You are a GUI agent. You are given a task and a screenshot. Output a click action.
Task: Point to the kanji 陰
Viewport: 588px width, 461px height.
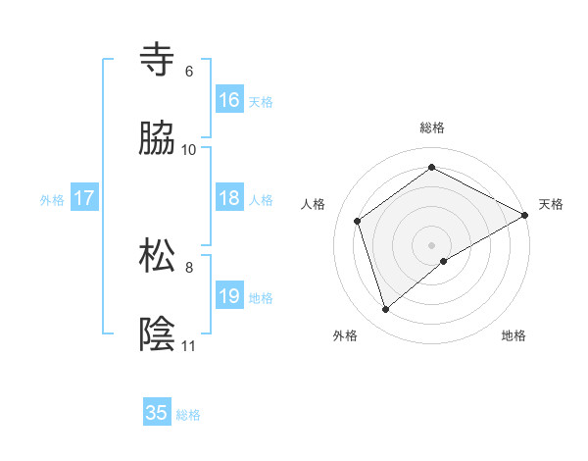[157, 333]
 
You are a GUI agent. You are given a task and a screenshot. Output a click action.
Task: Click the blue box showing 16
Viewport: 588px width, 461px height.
[229, 100]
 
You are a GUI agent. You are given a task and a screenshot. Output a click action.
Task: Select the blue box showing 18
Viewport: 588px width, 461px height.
[229, 198]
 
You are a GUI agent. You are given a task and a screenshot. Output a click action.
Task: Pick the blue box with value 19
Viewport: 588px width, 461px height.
[229, 296]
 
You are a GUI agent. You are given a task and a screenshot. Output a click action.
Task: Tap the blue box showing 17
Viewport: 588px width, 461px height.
[84, 198]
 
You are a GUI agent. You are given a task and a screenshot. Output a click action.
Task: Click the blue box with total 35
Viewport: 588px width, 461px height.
[157, 413]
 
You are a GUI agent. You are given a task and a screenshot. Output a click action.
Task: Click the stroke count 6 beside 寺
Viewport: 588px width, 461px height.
[188, 71]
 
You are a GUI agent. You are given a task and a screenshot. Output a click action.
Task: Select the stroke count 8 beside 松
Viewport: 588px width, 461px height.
[188, 266]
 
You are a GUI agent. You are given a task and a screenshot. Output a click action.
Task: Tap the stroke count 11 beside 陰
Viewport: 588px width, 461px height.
[189, 345]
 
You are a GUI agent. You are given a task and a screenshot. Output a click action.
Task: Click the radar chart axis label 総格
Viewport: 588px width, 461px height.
[432, 128]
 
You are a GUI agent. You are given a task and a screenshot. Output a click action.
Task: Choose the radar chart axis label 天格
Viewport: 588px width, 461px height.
[552, 204]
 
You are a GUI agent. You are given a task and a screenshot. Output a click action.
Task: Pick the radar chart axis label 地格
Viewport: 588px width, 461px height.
[514, 335]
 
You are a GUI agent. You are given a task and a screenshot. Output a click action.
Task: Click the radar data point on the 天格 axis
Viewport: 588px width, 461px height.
[525, 214]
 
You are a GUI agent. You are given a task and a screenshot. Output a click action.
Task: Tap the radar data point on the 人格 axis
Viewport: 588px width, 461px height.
[358, 221]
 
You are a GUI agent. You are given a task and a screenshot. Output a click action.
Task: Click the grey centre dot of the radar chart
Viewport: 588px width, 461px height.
[432, 244]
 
